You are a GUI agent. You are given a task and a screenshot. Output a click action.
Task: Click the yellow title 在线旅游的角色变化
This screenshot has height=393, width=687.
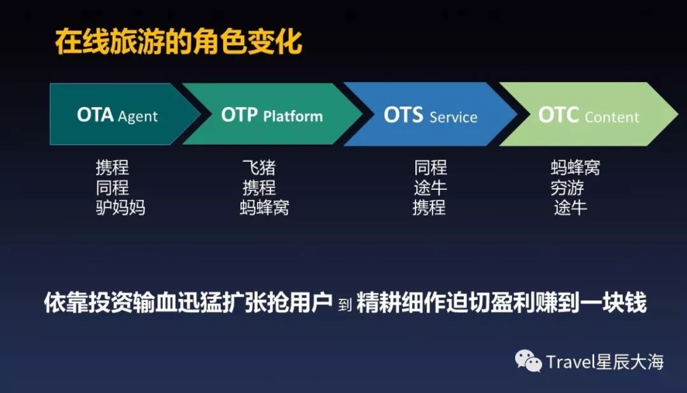click(x=179, y=42)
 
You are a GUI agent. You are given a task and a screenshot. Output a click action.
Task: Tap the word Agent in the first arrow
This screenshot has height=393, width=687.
click(x=137, y=117)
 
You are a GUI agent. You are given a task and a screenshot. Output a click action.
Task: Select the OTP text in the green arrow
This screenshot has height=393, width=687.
click(x=239, y=115)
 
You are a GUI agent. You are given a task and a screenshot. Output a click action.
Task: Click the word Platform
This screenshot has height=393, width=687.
click(x=293, y=116)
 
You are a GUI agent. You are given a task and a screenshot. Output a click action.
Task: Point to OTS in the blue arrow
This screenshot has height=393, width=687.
click(x=403, y=115)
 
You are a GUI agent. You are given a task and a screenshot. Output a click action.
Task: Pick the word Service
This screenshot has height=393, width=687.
click(x=454, y=117)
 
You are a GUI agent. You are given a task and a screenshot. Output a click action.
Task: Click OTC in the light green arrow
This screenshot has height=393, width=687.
click(x=559, y=115)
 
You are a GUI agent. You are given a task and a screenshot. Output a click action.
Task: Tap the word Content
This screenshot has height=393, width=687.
click(x=612, y=117)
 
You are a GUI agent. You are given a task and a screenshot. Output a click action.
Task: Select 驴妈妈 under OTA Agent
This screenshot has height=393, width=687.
click(x=120, y=207)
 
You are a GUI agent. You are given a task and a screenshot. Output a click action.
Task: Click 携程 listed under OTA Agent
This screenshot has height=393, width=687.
click(x=112, y=167)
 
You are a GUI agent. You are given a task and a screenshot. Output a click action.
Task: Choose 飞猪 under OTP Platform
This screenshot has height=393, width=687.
click(x=259, y=167)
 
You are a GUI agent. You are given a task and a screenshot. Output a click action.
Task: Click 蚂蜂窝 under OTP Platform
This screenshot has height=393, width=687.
click(x=265, y=207)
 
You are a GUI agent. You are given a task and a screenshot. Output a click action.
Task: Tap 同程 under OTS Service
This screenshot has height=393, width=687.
click(x=431, y=167)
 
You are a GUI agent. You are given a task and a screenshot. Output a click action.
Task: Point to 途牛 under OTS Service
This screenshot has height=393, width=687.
click(x=430, y=187)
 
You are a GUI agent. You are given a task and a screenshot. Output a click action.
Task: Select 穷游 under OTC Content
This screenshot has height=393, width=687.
click(x=567, y=187)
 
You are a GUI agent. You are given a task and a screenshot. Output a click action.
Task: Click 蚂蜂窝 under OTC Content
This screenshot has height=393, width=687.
click(x=575, y=167)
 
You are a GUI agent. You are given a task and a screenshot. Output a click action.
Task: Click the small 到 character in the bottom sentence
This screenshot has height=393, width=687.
click(x=345, y=304)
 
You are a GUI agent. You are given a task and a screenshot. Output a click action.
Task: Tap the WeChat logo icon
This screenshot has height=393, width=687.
click(x=528, y=361)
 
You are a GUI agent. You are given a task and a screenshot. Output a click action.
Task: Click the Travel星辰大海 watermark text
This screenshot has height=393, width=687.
click(x=605, y=362)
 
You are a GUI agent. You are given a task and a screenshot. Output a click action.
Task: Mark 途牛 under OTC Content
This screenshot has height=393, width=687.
click(x=570, y=207)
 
